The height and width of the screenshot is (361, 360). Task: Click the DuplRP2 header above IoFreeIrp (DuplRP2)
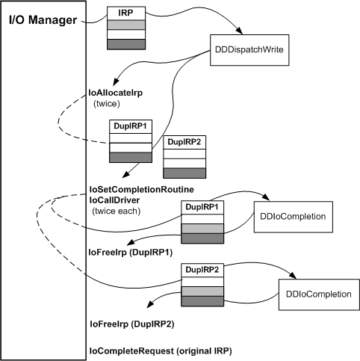[202, 268]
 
